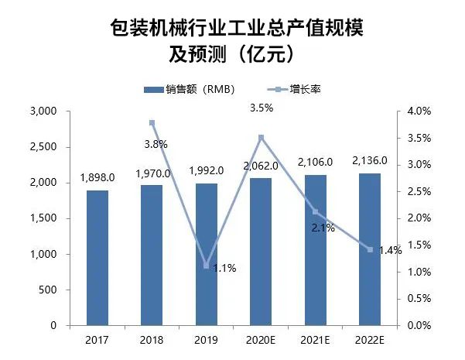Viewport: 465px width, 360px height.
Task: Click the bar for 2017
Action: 97,258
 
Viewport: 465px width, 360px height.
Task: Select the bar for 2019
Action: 207,255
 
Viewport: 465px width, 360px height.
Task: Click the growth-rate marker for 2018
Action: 152,122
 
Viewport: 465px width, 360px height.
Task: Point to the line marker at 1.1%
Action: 207,266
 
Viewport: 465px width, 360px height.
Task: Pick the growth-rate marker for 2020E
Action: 261,138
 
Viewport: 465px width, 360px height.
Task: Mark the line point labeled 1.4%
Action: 370,250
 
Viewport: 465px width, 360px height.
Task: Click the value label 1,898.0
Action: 97,177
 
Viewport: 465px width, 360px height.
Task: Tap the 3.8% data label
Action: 155,143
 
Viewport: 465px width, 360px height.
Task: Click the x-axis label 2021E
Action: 315,340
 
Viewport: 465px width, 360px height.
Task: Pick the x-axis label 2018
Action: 152,340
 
